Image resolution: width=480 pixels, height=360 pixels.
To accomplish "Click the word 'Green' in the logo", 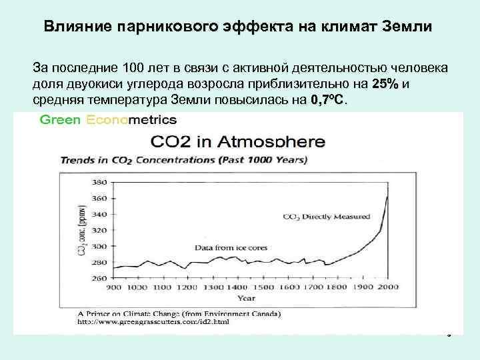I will click(x=60, y=120).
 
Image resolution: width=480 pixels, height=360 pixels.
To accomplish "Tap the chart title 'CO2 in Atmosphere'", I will click(x=238, y=142).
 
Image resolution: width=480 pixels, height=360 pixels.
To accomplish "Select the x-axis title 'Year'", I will click(x=247, y=299).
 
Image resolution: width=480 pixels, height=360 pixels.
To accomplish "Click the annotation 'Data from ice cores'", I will click(x=231, y=248).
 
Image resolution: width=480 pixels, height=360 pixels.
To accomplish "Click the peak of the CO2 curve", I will click(x=387, y=197).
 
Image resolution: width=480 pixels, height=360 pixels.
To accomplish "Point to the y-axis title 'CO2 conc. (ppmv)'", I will click(x=81, y=230).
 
